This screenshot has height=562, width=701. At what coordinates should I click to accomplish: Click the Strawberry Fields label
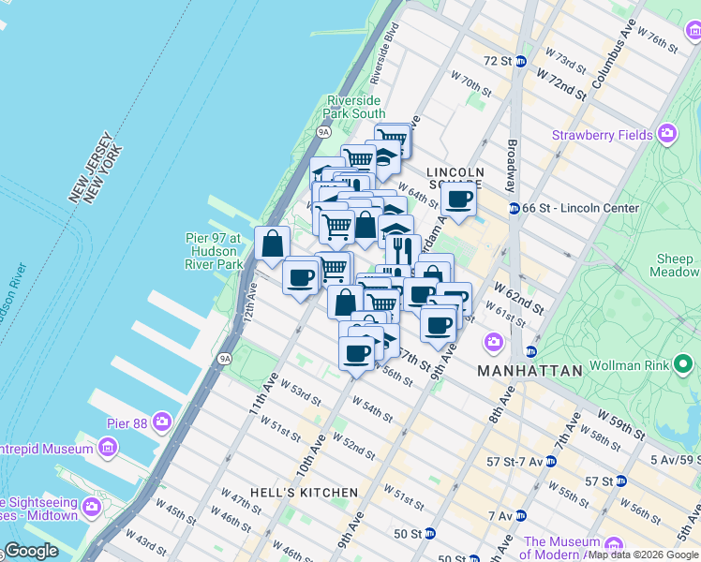tap(602, 135)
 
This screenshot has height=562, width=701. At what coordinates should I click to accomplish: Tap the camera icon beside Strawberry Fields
tap(667, 134)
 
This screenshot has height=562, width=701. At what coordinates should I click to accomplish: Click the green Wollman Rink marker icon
tap(684, 362)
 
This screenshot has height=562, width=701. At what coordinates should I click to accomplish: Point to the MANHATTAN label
tap(529, 371)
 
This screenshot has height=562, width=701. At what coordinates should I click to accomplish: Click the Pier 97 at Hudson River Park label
tap(216, 251)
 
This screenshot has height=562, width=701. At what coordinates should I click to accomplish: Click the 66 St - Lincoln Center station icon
tap(514, 207)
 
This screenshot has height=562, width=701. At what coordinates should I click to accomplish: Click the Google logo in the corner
tap(31, 551)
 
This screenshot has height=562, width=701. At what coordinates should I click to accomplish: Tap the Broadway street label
tap(512, 160)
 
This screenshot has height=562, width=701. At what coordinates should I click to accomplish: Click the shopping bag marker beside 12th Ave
tap(272, 244)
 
